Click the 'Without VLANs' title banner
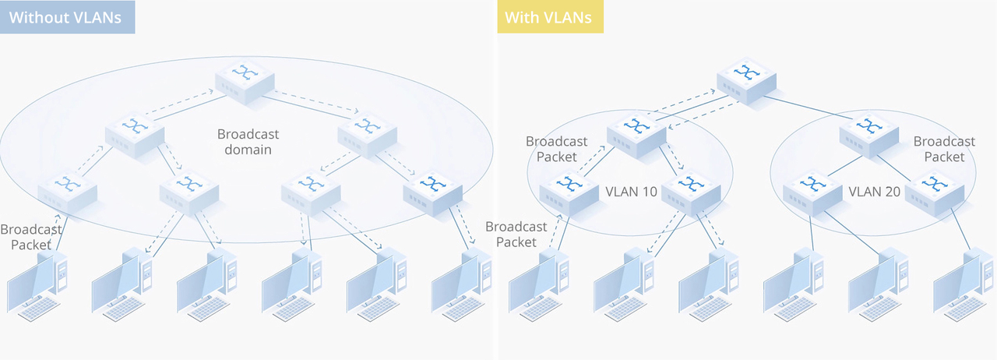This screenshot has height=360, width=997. (x=68, y=17)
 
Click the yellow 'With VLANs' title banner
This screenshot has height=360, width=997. (x=551, y=17)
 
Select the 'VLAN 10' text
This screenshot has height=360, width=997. (x=631, y=191)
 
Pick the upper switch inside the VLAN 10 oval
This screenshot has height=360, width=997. (x=637, y=132)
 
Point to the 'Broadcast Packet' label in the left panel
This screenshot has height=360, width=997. (x=30, y=237)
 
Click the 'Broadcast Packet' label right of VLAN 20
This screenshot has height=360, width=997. (x=944, y=149)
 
